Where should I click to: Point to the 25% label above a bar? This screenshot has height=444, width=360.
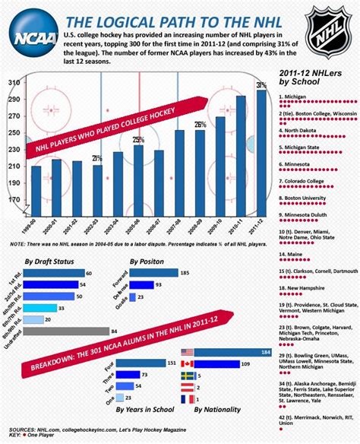(138, 140)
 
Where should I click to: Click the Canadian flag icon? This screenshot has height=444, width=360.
(188, 364)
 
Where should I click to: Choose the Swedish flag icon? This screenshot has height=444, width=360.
(188, 376)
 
